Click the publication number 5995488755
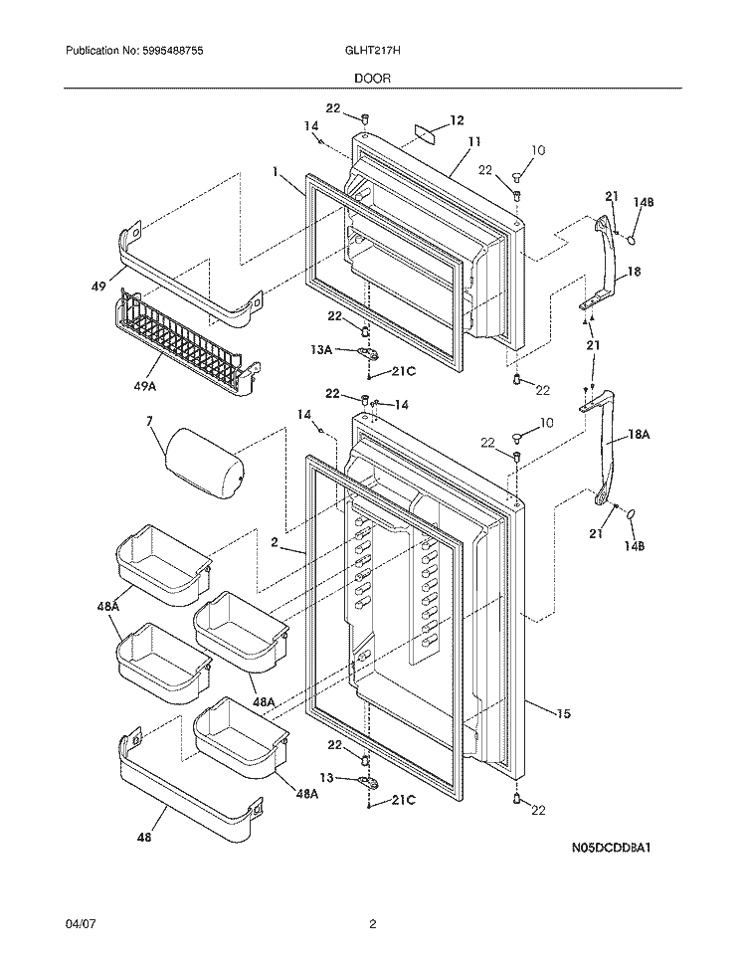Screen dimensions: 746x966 click(166, 51)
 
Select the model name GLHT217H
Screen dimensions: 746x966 click(373, 51)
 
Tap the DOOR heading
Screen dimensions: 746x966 click(373, 79)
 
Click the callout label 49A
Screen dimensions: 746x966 click(144, 386)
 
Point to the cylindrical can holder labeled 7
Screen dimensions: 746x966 click(203, 464)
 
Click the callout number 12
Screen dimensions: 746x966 click(457, 120)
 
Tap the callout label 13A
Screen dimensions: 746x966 click(321, 350)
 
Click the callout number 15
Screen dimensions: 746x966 click(563, 714)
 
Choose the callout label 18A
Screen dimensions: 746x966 click(639, 435)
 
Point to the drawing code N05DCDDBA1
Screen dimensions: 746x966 click(611, 847)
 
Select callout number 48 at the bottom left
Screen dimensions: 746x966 click(144, 838)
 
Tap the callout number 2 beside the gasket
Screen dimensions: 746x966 click(275, 543)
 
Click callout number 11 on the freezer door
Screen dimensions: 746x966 click(474, 142)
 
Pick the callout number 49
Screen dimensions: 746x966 click(97, 286)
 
